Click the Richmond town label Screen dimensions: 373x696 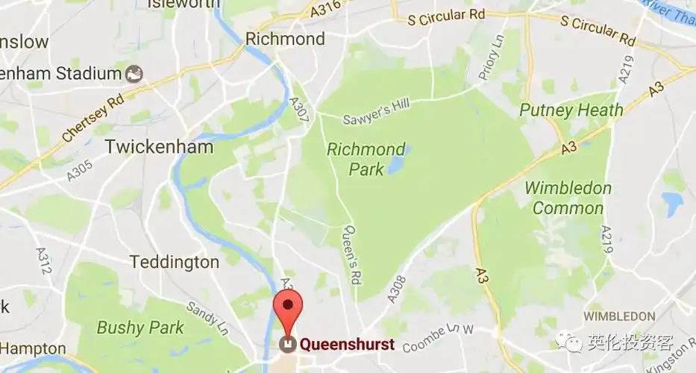[x=286, y=39]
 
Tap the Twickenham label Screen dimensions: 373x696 [x=159, y=147]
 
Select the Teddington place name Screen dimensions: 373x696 [x=175, y=262]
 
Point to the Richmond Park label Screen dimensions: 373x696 [x=366, y=159]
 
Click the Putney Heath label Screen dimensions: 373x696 [x=571, y=110]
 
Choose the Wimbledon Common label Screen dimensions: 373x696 [x=568, y=198]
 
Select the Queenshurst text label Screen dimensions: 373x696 [x=347, y=345]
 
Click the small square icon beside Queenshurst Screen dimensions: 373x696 [x=286, y=344]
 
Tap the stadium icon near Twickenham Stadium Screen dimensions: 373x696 [x=134, y=73]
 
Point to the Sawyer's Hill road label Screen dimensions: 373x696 [x=375, y=114]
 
